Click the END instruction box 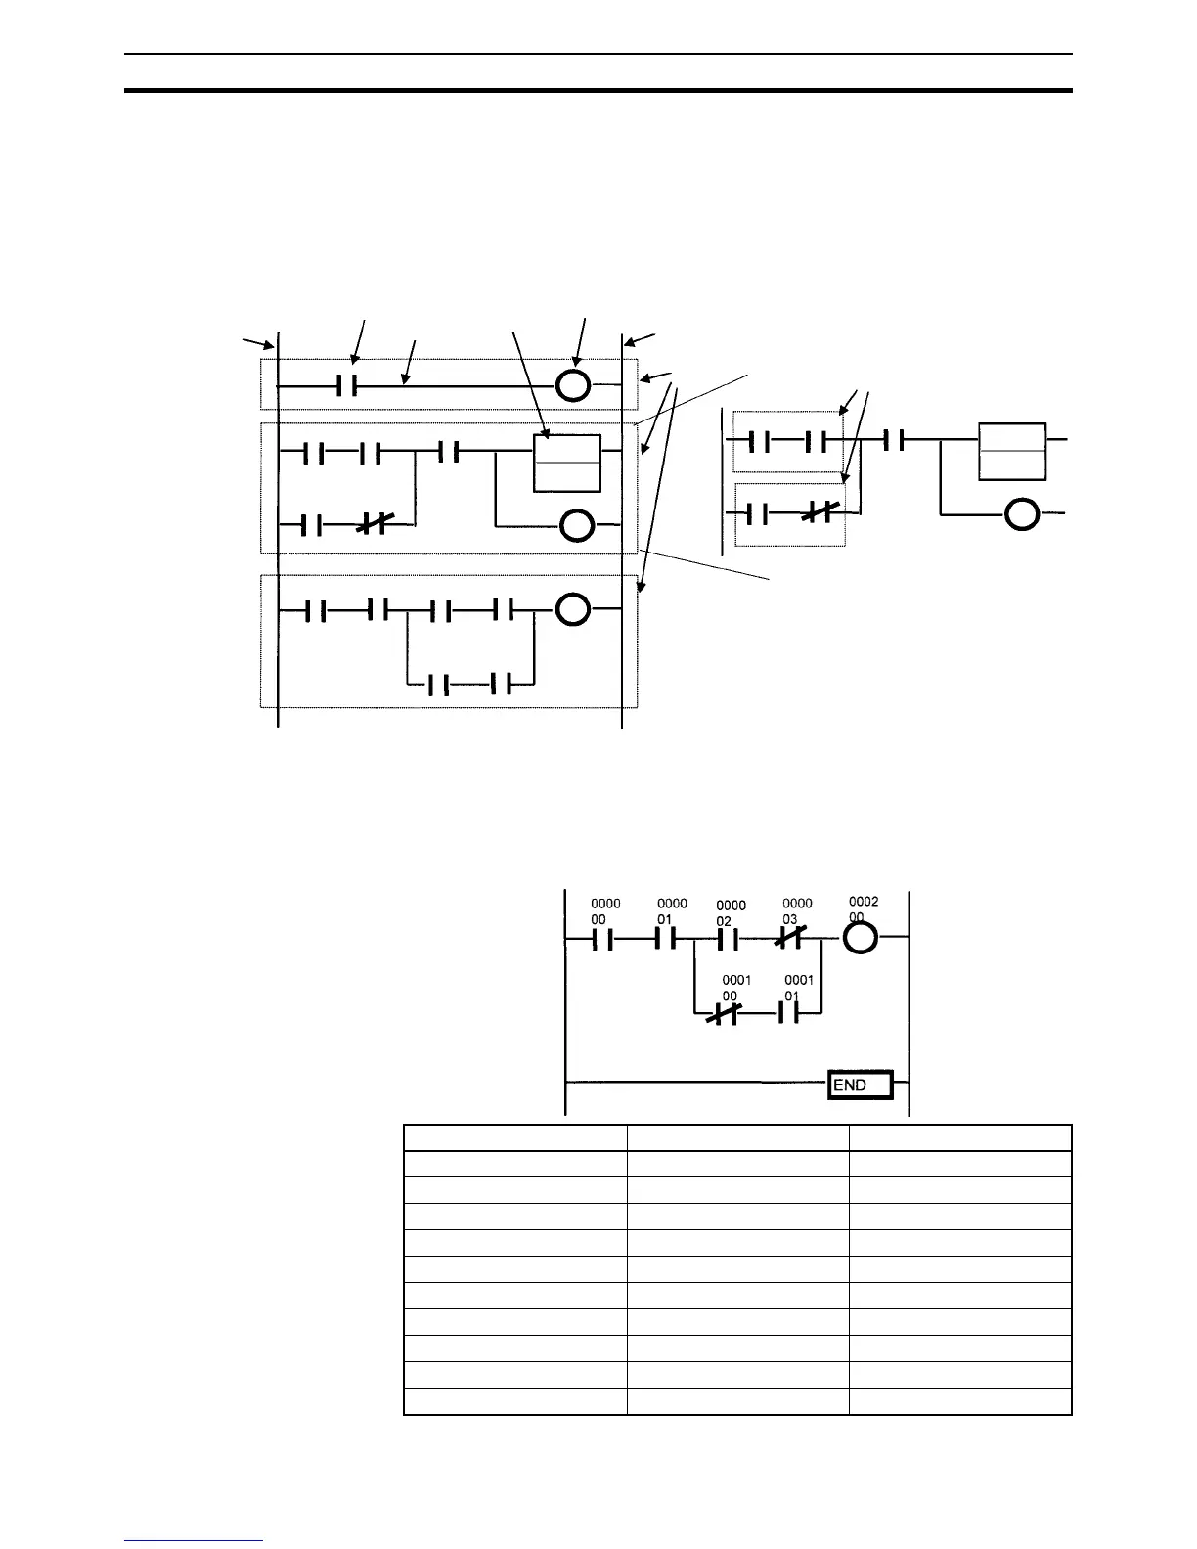(x=861, y=1084)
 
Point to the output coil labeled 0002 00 (x=860, y=939)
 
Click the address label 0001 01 (x=798, y=988)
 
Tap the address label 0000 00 (x=605, y=911)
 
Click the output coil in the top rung (x=573, y=386)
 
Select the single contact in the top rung (x=347, y=386)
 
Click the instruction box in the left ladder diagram (x=567, y=463)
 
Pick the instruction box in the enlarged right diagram (x=1012, y=451)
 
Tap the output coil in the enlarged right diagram (x=1022, y=513)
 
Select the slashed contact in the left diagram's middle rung (x=373, y=526)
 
